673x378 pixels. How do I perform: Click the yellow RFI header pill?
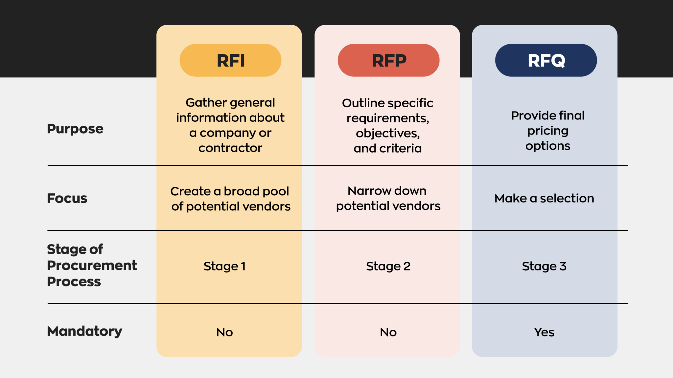click(x=230, y=60)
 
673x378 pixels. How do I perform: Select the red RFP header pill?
click(x=388, y=60)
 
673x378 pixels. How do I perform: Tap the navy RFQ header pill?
click(x=546, y=60)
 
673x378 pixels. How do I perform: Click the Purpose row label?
click(x=75, y=129)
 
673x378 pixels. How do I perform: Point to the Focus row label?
click(x=67, y=198)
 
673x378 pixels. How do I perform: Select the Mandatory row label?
click(x=84, y=331)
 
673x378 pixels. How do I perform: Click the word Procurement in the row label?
click(x=92, y=265)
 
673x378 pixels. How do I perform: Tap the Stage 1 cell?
click(x=224, y=266)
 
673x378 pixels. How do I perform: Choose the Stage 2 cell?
click(x=388, y=266)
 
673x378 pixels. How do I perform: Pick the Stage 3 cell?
click(x=544, y=266)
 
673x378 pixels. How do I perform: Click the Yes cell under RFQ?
click(x=544, y=332)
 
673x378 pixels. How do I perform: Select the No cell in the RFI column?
click(x=224, y=332)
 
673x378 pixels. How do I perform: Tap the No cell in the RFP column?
click(x=388, y=332)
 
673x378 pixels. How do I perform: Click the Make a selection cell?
click(x=544, y=198)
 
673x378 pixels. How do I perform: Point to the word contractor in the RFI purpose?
click(x=230, y=148)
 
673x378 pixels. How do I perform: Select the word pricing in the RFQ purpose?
click(x=548, y=131)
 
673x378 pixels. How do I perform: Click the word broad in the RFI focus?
click(x=242, y=191)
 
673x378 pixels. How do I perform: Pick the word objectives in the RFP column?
click(x=387, y=133)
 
